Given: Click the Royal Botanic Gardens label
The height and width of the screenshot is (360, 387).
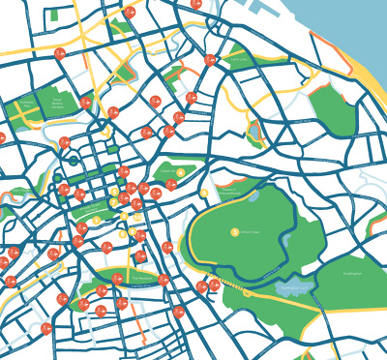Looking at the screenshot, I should (x=57, y=102).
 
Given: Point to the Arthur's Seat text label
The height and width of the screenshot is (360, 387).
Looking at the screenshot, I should (x=247, y=232).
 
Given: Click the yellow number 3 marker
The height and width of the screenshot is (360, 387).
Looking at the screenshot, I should (x=114, y=192).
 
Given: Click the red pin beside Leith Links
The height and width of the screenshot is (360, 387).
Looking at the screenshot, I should (x=210, y=60).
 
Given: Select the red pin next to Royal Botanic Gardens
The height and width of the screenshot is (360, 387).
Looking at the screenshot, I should (x=85, y=102).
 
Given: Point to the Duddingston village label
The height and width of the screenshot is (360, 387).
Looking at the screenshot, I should (x=351, y=273).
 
